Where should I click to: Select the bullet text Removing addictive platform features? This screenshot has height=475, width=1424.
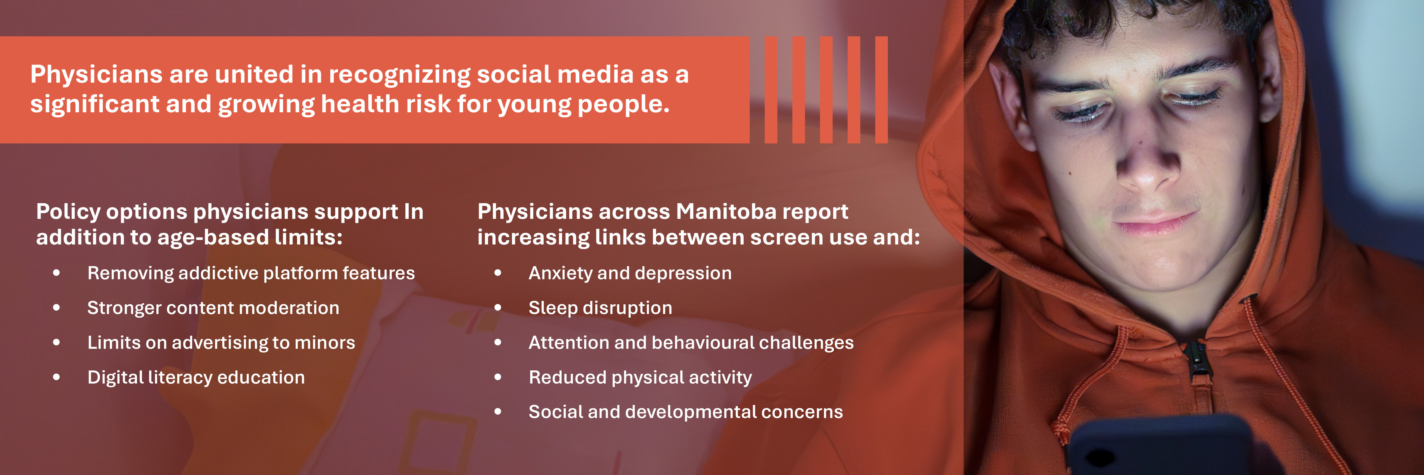coord(251,273)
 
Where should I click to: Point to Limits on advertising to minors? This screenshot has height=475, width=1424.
coord(221,343)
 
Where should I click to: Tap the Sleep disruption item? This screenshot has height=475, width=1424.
coord(600,308)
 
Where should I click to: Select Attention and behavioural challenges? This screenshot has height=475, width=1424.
coord(691,343)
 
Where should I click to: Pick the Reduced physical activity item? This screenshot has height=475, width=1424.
coord(640,377)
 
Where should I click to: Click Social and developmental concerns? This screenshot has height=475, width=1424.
coord(686,412)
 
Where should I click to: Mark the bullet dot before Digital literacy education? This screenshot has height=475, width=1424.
coord(56,377)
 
